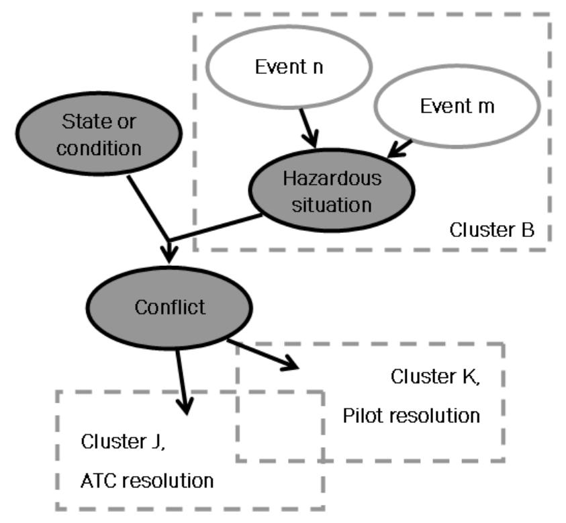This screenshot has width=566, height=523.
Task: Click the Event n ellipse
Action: pyautogui.click(x=289, y=67)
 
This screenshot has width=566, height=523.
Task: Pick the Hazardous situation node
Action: pyautogui.click(x=332, y=192)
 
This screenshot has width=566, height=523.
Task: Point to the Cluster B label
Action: pyautogui.click(x=491, y=231)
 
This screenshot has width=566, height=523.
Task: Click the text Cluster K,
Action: pyautogui.click(x=435, y=377)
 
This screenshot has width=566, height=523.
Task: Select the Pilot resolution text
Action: pyautogui.click(x=412, y=416)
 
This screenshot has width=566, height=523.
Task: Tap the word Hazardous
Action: pyautogui.click(x=332, y=179)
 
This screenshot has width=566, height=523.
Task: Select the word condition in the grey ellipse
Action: pyautogui.click(x=99, y=148)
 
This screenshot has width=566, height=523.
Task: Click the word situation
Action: pyautogui.click(x=332, y=204)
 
